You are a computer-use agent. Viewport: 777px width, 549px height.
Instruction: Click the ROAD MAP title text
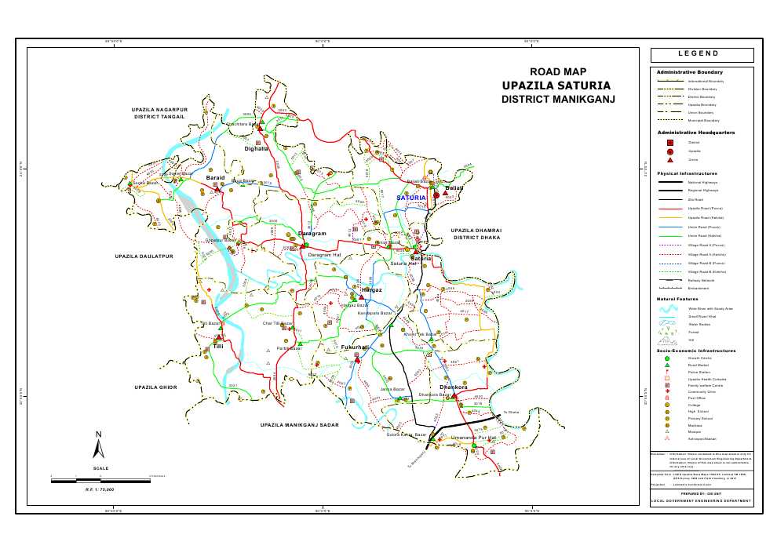click(558, 71)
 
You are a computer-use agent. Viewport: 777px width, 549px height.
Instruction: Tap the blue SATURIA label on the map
click(410, 198)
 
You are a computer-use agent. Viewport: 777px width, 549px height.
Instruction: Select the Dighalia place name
click(257, 148)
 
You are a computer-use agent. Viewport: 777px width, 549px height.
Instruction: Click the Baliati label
click(454, 188)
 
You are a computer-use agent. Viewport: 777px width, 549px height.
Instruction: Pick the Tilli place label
click(217, 346)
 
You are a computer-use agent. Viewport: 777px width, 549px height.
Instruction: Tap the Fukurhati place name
click(355, 347)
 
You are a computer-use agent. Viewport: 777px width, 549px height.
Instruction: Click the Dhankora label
click(454, 387)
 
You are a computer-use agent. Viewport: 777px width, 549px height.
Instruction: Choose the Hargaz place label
click(371, 290)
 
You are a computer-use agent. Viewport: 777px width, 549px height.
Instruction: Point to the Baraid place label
click(215, 179)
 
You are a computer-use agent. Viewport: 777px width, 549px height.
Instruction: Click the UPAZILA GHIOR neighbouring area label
click(156, 387)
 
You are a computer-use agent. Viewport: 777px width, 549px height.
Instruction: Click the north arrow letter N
click(98, 434)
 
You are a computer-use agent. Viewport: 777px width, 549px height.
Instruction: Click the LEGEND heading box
click(702, 54)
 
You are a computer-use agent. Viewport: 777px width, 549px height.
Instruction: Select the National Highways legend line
click(669, 181)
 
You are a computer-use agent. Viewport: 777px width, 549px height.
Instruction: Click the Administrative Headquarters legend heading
click(695, 133)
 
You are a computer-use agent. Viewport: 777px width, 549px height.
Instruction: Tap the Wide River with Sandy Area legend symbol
click(669, 308)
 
